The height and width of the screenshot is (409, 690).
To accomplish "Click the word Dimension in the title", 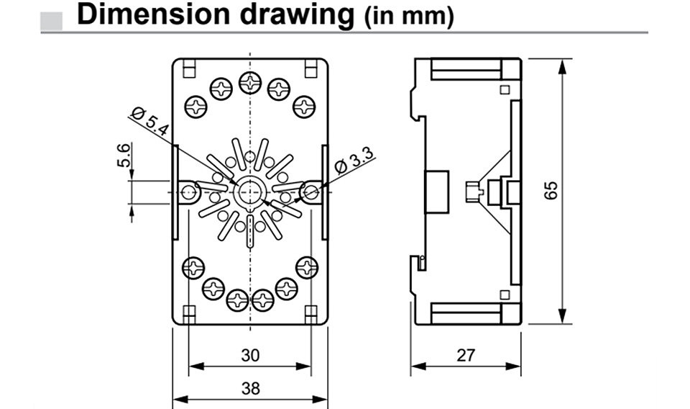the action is [153, 14].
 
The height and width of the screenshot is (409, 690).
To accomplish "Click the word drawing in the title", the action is [297, 16].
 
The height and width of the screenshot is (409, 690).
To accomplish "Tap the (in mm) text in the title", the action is [409, 17].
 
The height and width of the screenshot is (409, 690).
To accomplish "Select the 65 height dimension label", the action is [551, 190].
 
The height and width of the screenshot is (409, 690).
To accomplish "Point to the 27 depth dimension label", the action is [466, 355].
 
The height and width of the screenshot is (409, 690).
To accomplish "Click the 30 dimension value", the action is [250, 355].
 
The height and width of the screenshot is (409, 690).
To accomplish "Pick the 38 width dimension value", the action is [250, 388].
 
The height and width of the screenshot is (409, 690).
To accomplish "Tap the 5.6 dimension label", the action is [124, 155].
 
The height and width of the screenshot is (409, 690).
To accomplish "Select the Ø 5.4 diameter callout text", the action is [150, 121].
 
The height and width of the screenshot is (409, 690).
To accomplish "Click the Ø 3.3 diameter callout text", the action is [354, 161].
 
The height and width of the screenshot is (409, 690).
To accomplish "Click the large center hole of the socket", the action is [249, 192].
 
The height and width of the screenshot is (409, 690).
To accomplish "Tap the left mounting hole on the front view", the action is [189, 192].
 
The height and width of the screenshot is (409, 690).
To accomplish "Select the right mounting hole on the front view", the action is [311, 192].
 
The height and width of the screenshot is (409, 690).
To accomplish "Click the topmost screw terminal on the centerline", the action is [250, 82].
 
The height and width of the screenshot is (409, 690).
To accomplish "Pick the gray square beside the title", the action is [52, 21].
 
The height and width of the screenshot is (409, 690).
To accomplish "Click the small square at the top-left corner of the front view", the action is [189, 68].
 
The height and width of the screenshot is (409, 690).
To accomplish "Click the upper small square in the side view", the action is [505, 90].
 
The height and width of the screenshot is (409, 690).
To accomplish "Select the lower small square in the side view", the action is [505, 295].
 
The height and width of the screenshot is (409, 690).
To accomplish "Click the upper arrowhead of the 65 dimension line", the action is [561, 66].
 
